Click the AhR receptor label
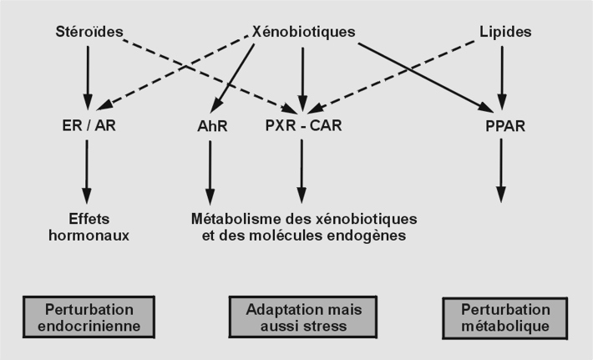point(211,128)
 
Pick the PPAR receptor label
point(501,128)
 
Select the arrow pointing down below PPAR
point(501,171)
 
